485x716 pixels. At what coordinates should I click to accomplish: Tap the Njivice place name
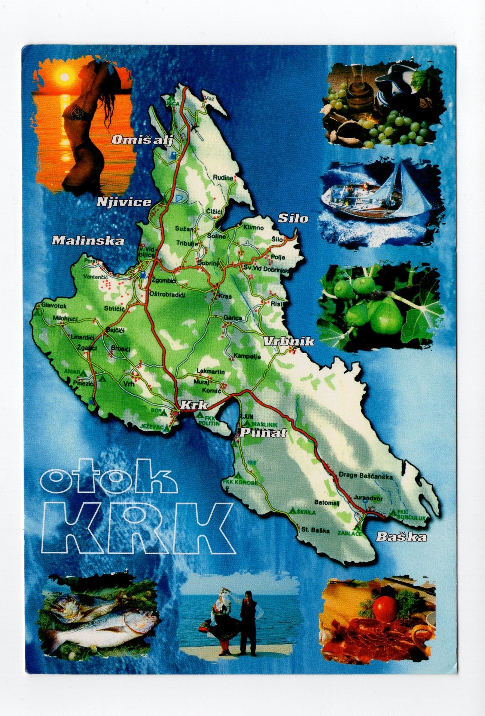pos(124,202)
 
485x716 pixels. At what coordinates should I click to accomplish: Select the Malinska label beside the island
pos(88,240)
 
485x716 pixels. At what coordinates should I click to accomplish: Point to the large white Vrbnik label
pos(289,341)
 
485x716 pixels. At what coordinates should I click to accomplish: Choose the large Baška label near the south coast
pos(401,537)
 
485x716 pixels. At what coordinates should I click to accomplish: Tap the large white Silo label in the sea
pos(293,218)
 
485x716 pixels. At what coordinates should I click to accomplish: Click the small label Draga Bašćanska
pos(365,476)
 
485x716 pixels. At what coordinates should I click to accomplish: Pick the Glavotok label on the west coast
pos(54,306)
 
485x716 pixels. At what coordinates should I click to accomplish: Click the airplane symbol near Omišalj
pos(194,128)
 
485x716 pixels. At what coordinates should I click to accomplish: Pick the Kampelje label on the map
pos(247,356)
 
